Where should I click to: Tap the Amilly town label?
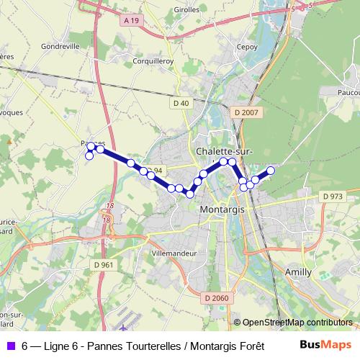coord(298,272)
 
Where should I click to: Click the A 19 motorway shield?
coord(130,22)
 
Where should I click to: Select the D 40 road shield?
coord(181,104)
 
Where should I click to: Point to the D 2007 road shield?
coord(246,112)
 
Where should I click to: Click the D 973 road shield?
coord(333,197)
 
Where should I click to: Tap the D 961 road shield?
coord(103,265)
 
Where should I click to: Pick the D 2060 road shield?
coord(216,298)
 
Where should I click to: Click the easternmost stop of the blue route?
coord(271,170)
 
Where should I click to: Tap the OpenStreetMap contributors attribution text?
coord(297,323)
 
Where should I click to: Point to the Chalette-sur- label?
coord(224,151)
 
